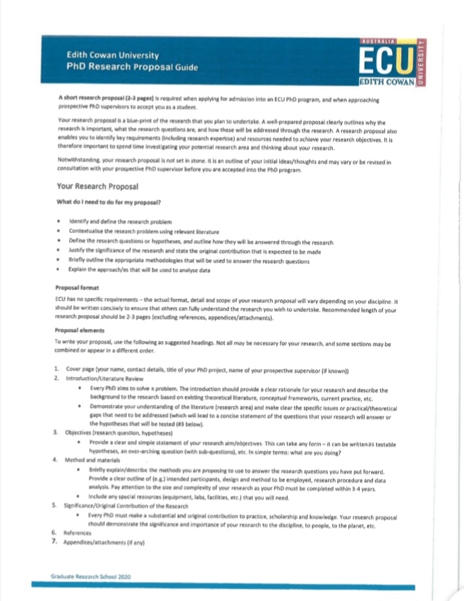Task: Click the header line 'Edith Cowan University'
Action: (x=112, y=55)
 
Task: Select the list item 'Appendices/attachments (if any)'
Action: (x=106, y=543)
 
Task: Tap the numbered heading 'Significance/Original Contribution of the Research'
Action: (x=128, y=506)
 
